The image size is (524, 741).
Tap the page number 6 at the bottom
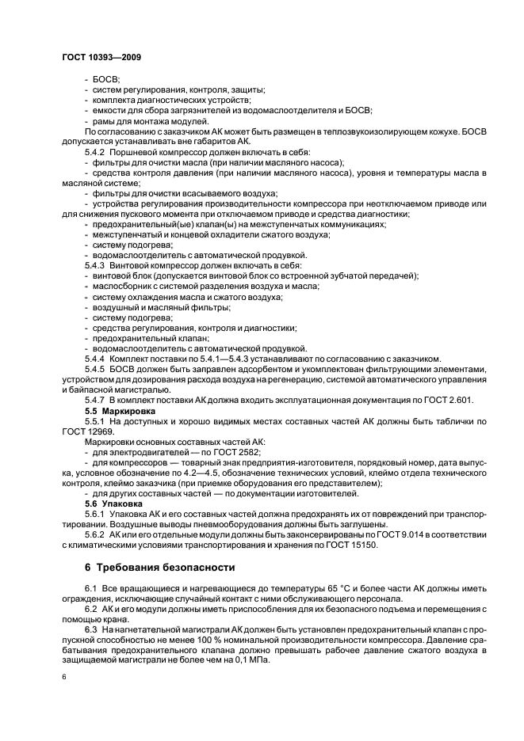click(x=64, y=678)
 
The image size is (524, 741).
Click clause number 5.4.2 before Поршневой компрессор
click(x=99, y=150)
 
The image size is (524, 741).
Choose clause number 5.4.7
click(x=99, y=400)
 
